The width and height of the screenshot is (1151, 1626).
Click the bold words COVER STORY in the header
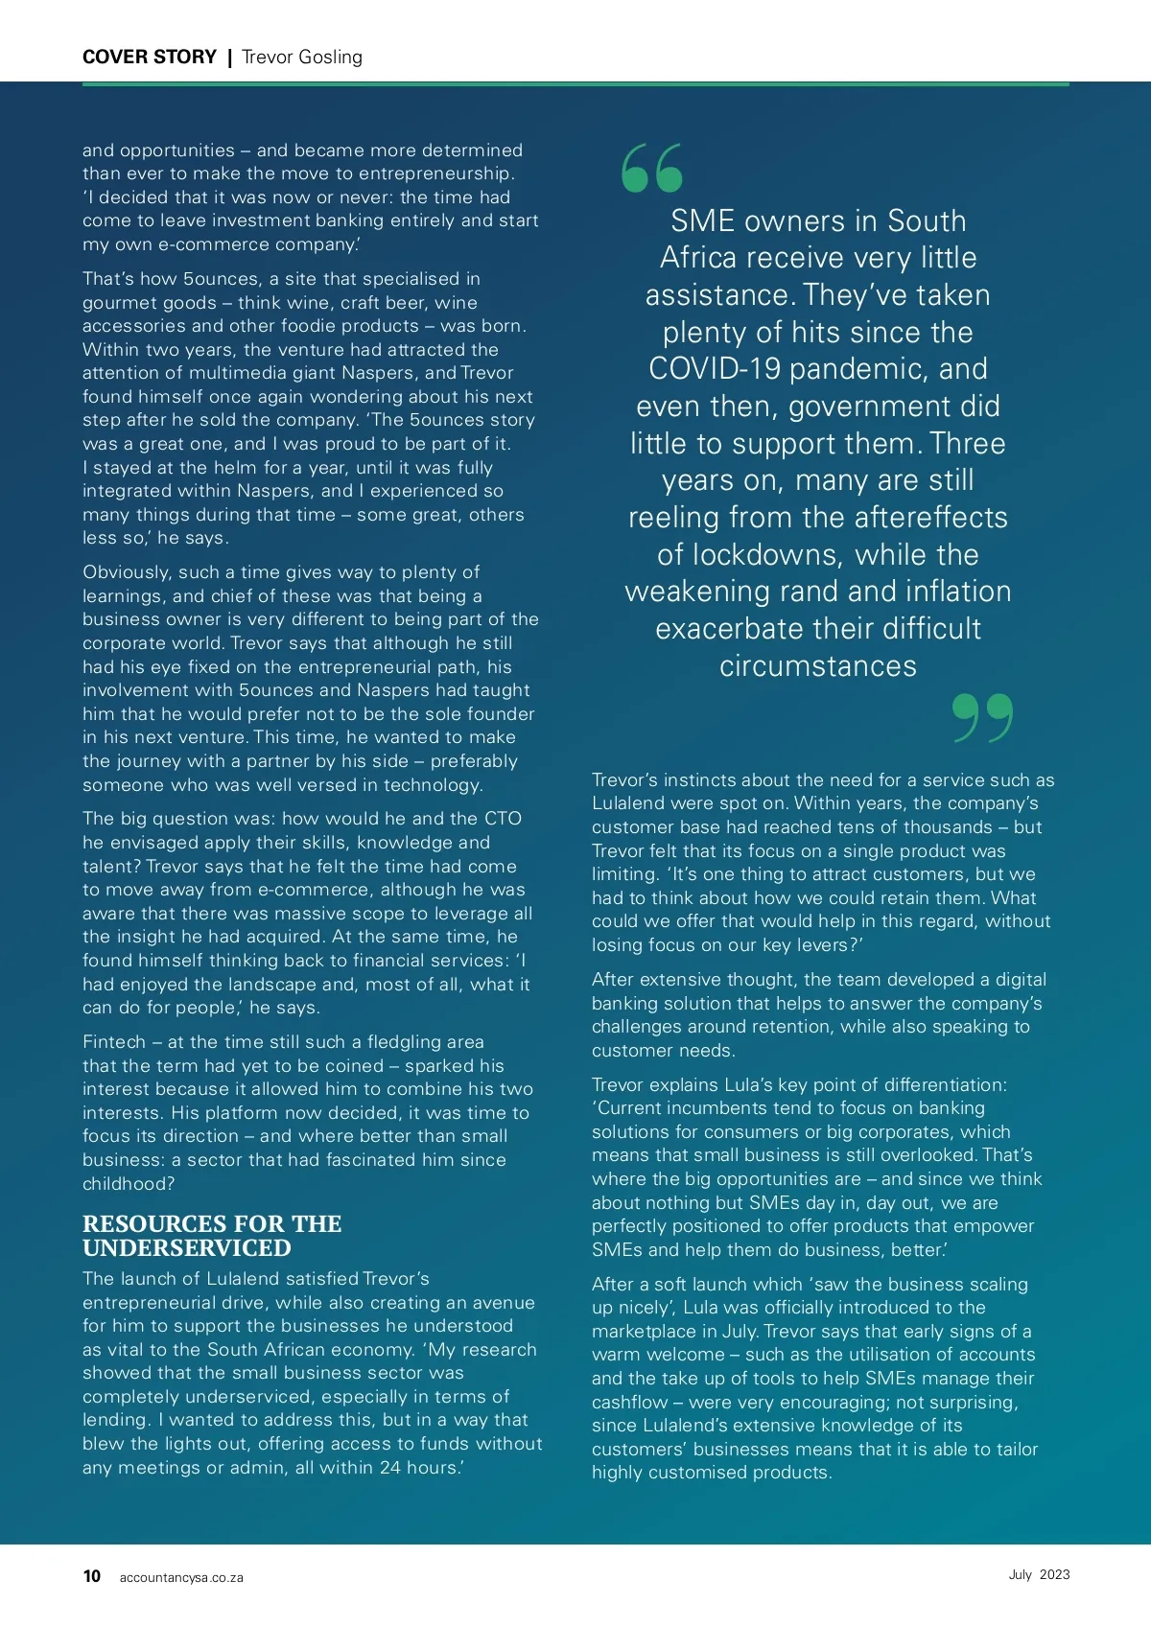click(x=150, y=58)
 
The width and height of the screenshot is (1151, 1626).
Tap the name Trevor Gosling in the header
click(x=302, y=58)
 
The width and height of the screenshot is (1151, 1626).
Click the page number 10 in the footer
click(x=92, y=1576)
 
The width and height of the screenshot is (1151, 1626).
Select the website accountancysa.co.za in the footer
click(x=181, y=1577)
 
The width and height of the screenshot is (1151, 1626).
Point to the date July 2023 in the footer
click(x=1039, y=1574)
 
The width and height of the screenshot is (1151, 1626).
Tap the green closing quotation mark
click(x=983, y=718)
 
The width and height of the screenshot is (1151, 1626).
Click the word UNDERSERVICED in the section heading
click(x=186, y=1248)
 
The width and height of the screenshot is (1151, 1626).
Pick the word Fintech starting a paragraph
click(x=114, y=1042)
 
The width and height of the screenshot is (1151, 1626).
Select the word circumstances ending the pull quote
click(x=818, y=666)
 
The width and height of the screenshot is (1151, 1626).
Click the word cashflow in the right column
click(x=629, y=1403)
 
